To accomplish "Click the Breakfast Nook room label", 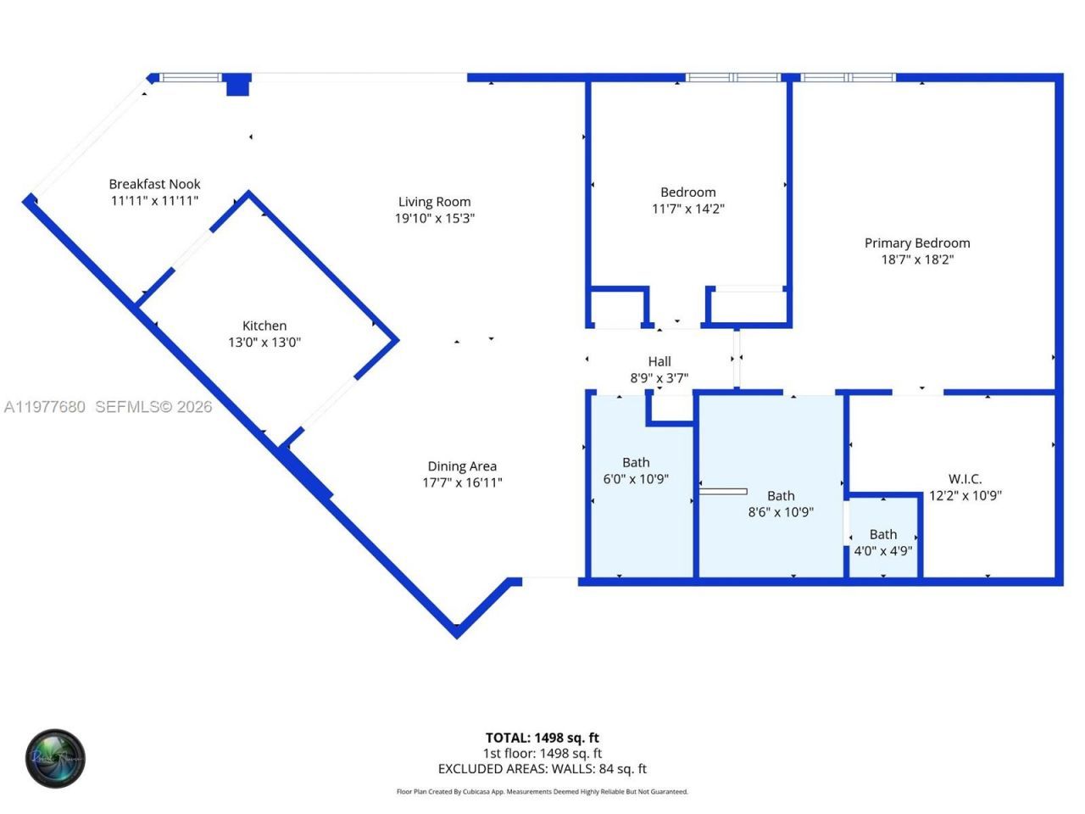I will tap(154, 184).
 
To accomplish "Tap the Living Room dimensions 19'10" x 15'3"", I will tap(434, 218).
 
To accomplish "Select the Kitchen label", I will tap(264, 326).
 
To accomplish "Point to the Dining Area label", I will tap(462, 466).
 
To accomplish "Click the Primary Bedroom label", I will tap(917, 243).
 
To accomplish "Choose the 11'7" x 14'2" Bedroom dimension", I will tap(687, 209).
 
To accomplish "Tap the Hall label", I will tap(659, 362).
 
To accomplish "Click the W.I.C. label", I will tap(965, 479).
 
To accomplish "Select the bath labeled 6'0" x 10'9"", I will tap(636, 471).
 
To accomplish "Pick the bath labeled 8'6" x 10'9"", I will tap(781, 504).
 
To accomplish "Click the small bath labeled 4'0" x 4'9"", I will tap(882, 543).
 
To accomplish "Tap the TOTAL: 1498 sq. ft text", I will tap(542, 738).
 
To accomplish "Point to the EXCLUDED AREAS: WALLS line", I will tap(542, 769).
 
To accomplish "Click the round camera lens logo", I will tap(55, 758).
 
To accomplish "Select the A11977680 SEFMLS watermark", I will tap(108, 407).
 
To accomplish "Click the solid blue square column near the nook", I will tap(238, 85).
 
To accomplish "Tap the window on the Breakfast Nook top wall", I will tap(190, 78).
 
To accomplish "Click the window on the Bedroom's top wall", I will tap(733, 78).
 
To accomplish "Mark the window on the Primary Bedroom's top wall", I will tap(848, 78).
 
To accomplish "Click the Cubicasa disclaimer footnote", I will tap(542, 792).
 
